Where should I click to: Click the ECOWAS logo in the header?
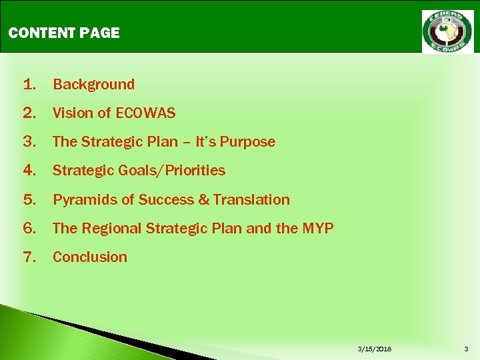tap(447, 31)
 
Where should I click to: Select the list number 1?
tap(29, 85)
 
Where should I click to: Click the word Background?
tap(93, 85)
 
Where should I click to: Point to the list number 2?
tap(29, 113)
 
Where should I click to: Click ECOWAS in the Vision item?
tap(145, 113)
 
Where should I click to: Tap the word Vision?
tap(72, 113)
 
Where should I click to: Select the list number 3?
tap(29, 142)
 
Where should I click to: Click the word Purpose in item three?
tap(247, 142)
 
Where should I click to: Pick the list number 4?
tap(29, 171)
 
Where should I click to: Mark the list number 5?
tap(29, 200)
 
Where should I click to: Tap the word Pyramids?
tap(83, 200)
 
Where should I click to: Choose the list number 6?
tap(29, 229)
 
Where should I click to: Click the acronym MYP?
tap(317, 229)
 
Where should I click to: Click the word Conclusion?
tap(89, 257)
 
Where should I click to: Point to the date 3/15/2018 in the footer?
tap(375, 349)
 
